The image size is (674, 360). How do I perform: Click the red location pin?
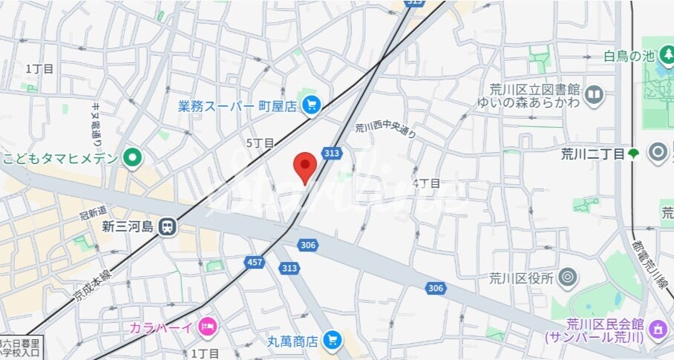[304, 166]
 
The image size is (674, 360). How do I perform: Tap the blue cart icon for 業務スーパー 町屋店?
[310, 106]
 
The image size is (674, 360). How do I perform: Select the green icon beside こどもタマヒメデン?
[132, 157]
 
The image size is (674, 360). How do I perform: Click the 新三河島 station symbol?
[168, 226]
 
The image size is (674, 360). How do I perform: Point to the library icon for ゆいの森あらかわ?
[594, 95]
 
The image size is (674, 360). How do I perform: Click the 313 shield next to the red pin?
[331, 153]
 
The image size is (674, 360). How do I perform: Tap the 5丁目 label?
[261, 143]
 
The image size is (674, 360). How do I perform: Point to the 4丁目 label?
[427, 183]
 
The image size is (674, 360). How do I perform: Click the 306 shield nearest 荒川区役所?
[436, 287]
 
